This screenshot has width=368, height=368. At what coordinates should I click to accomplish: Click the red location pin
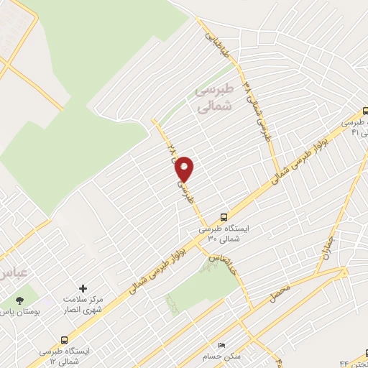pyautogui.click(x=185, y=169)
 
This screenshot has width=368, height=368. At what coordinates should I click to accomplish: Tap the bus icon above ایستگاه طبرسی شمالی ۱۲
pyautogui.click(x=65, y=339)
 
